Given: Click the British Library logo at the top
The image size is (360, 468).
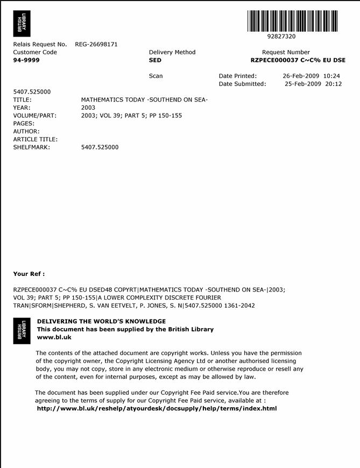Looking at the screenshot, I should [x=22, y=24].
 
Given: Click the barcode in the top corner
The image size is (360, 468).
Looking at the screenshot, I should [x=293, y=21].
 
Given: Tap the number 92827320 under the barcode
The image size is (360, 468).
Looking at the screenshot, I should [x=281, y=37].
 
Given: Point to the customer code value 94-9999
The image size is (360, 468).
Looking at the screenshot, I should [x=26, y=60].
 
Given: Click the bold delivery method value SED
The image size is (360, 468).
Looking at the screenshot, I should [x=155, y=60].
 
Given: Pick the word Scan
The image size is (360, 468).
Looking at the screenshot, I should [x=156, y=76].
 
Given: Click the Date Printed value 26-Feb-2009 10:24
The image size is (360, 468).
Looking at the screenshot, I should [x=311, y=76].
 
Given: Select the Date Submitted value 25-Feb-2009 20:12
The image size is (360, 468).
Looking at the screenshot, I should [x=313, y=84].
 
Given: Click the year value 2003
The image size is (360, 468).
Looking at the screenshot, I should [x=88, y=108].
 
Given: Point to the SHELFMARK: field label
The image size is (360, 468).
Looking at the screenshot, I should [x=31, y=147].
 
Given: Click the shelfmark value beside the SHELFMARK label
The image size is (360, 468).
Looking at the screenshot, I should [x=100, y=147].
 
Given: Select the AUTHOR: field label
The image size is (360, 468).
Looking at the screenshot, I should [x=26, y=131].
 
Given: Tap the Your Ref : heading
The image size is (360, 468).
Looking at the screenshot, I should [x=29, y=274].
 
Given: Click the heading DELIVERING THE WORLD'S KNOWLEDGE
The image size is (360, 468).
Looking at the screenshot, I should [x=101, y=321].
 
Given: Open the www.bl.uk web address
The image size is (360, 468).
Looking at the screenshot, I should [x=54, y=337].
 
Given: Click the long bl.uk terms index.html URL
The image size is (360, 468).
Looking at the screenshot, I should [x=157, y=408].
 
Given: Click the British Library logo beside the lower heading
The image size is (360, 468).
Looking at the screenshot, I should [x=22, y=330].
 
